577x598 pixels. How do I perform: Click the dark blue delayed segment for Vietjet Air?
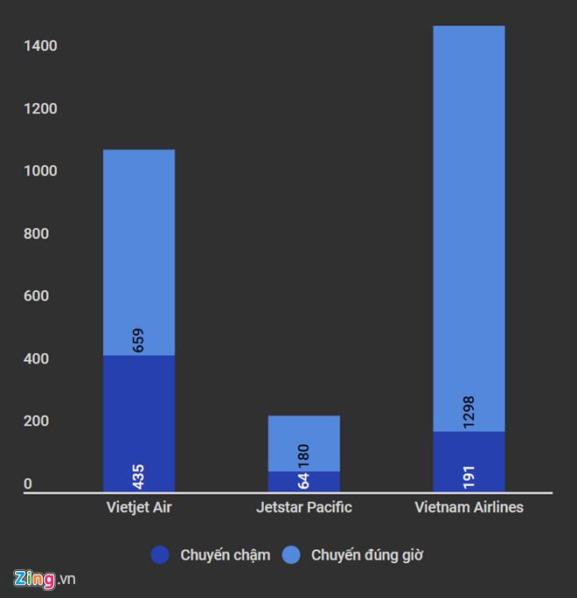pos(138,411)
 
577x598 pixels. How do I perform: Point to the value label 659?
pos(138,340)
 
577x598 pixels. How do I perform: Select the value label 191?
pos(469,476)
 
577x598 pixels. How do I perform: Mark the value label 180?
pos(303,455)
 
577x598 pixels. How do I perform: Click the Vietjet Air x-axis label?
pos(138,507)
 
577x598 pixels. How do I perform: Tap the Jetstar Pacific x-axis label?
pos(303,507)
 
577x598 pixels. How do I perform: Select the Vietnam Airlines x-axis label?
pos(469,507)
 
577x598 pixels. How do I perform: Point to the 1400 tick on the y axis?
pos(40,45)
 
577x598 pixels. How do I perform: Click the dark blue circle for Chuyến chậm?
pos(160,554)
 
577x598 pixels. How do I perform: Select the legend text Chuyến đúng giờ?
pos(367,554)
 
